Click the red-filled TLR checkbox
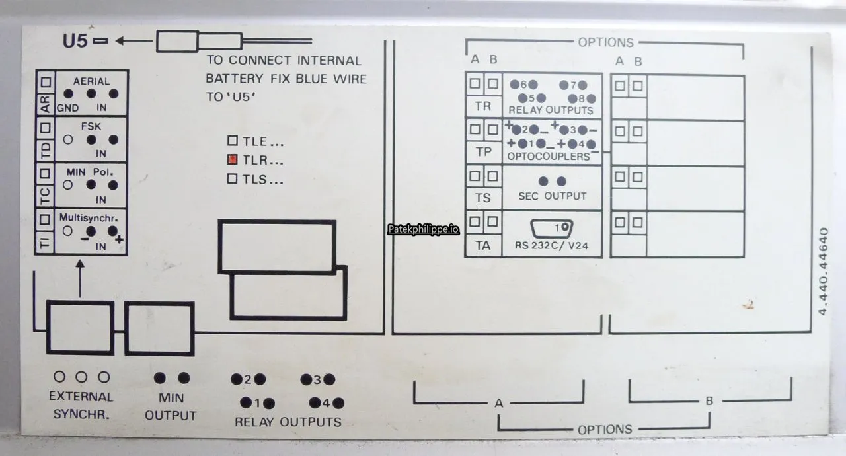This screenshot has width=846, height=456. pos(232,159)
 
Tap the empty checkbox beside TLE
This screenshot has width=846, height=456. pos(233,141)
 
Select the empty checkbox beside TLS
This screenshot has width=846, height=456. pos(232,178)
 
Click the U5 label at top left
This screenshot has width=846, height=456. pos(75,41)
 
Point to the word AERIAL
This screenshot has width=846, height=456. pos(91,81)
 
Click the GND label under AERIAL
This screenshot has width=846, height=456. pos(67,108)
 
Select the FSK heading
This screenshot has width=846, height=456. pos(91,126)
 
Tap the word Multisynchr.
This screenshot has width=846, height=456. pos(89,218)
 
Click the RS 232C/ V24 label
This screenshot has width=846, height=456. pos(551,245)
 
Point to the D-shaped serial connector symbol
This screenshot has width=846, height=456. pos(551,229)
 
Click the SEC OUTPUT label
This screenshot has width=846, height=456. pos(552,196)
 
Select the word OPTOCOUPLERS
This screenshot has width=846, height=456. pos(549,156)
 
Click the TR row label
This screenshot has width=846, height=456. pos(483,106)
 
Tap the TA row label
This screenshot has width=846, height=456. pos(483,245)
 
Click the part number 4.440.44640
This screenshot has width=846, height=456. pos(824,271)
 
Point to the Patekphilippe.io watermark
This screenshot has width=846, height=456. pos(424,229)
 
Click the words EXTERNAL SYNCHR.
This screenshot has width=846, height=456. pos(81,405)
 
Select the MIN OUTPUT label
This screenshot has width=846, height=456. pos(171,406)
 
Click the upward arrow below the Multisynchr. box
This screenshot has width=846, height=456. pos(80,278)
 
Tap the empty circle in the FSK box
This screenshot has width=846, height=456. pos(68,139)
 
